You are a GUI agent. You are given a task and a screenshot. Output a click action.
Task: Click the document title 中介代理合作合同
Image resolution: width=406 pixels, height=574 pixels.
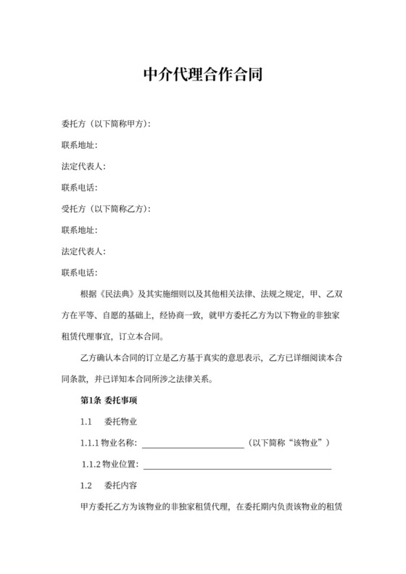(x=202, y=75)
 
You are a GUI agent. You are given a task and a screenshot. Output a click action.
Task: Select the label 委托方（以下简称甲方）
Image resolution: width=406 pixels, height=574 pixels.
(x=106, y=125)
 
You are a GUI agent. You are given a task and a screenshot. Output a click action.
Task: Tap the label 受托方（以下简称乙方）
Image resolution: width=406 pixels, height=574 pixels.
(x=106, y=209)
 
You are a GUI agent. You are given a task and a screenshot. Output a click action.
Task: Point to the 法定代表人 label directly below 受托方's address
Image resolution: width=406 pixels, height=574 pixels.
(x=84, y=251)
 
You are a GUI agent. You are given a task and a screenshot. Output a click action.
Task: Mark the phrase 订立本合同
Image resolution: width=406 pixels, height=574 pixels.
(x=146, y=337)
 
